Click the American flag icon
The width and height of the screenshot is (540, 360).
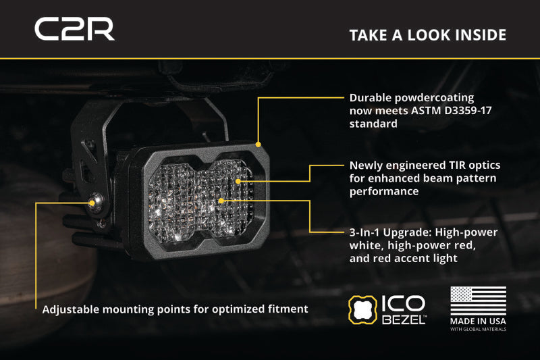coord(478,301)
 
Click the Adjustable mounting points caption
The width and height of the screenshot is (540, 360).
coord(175,309)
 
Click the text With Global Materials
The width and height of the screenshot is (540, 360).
coord(478,330)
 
